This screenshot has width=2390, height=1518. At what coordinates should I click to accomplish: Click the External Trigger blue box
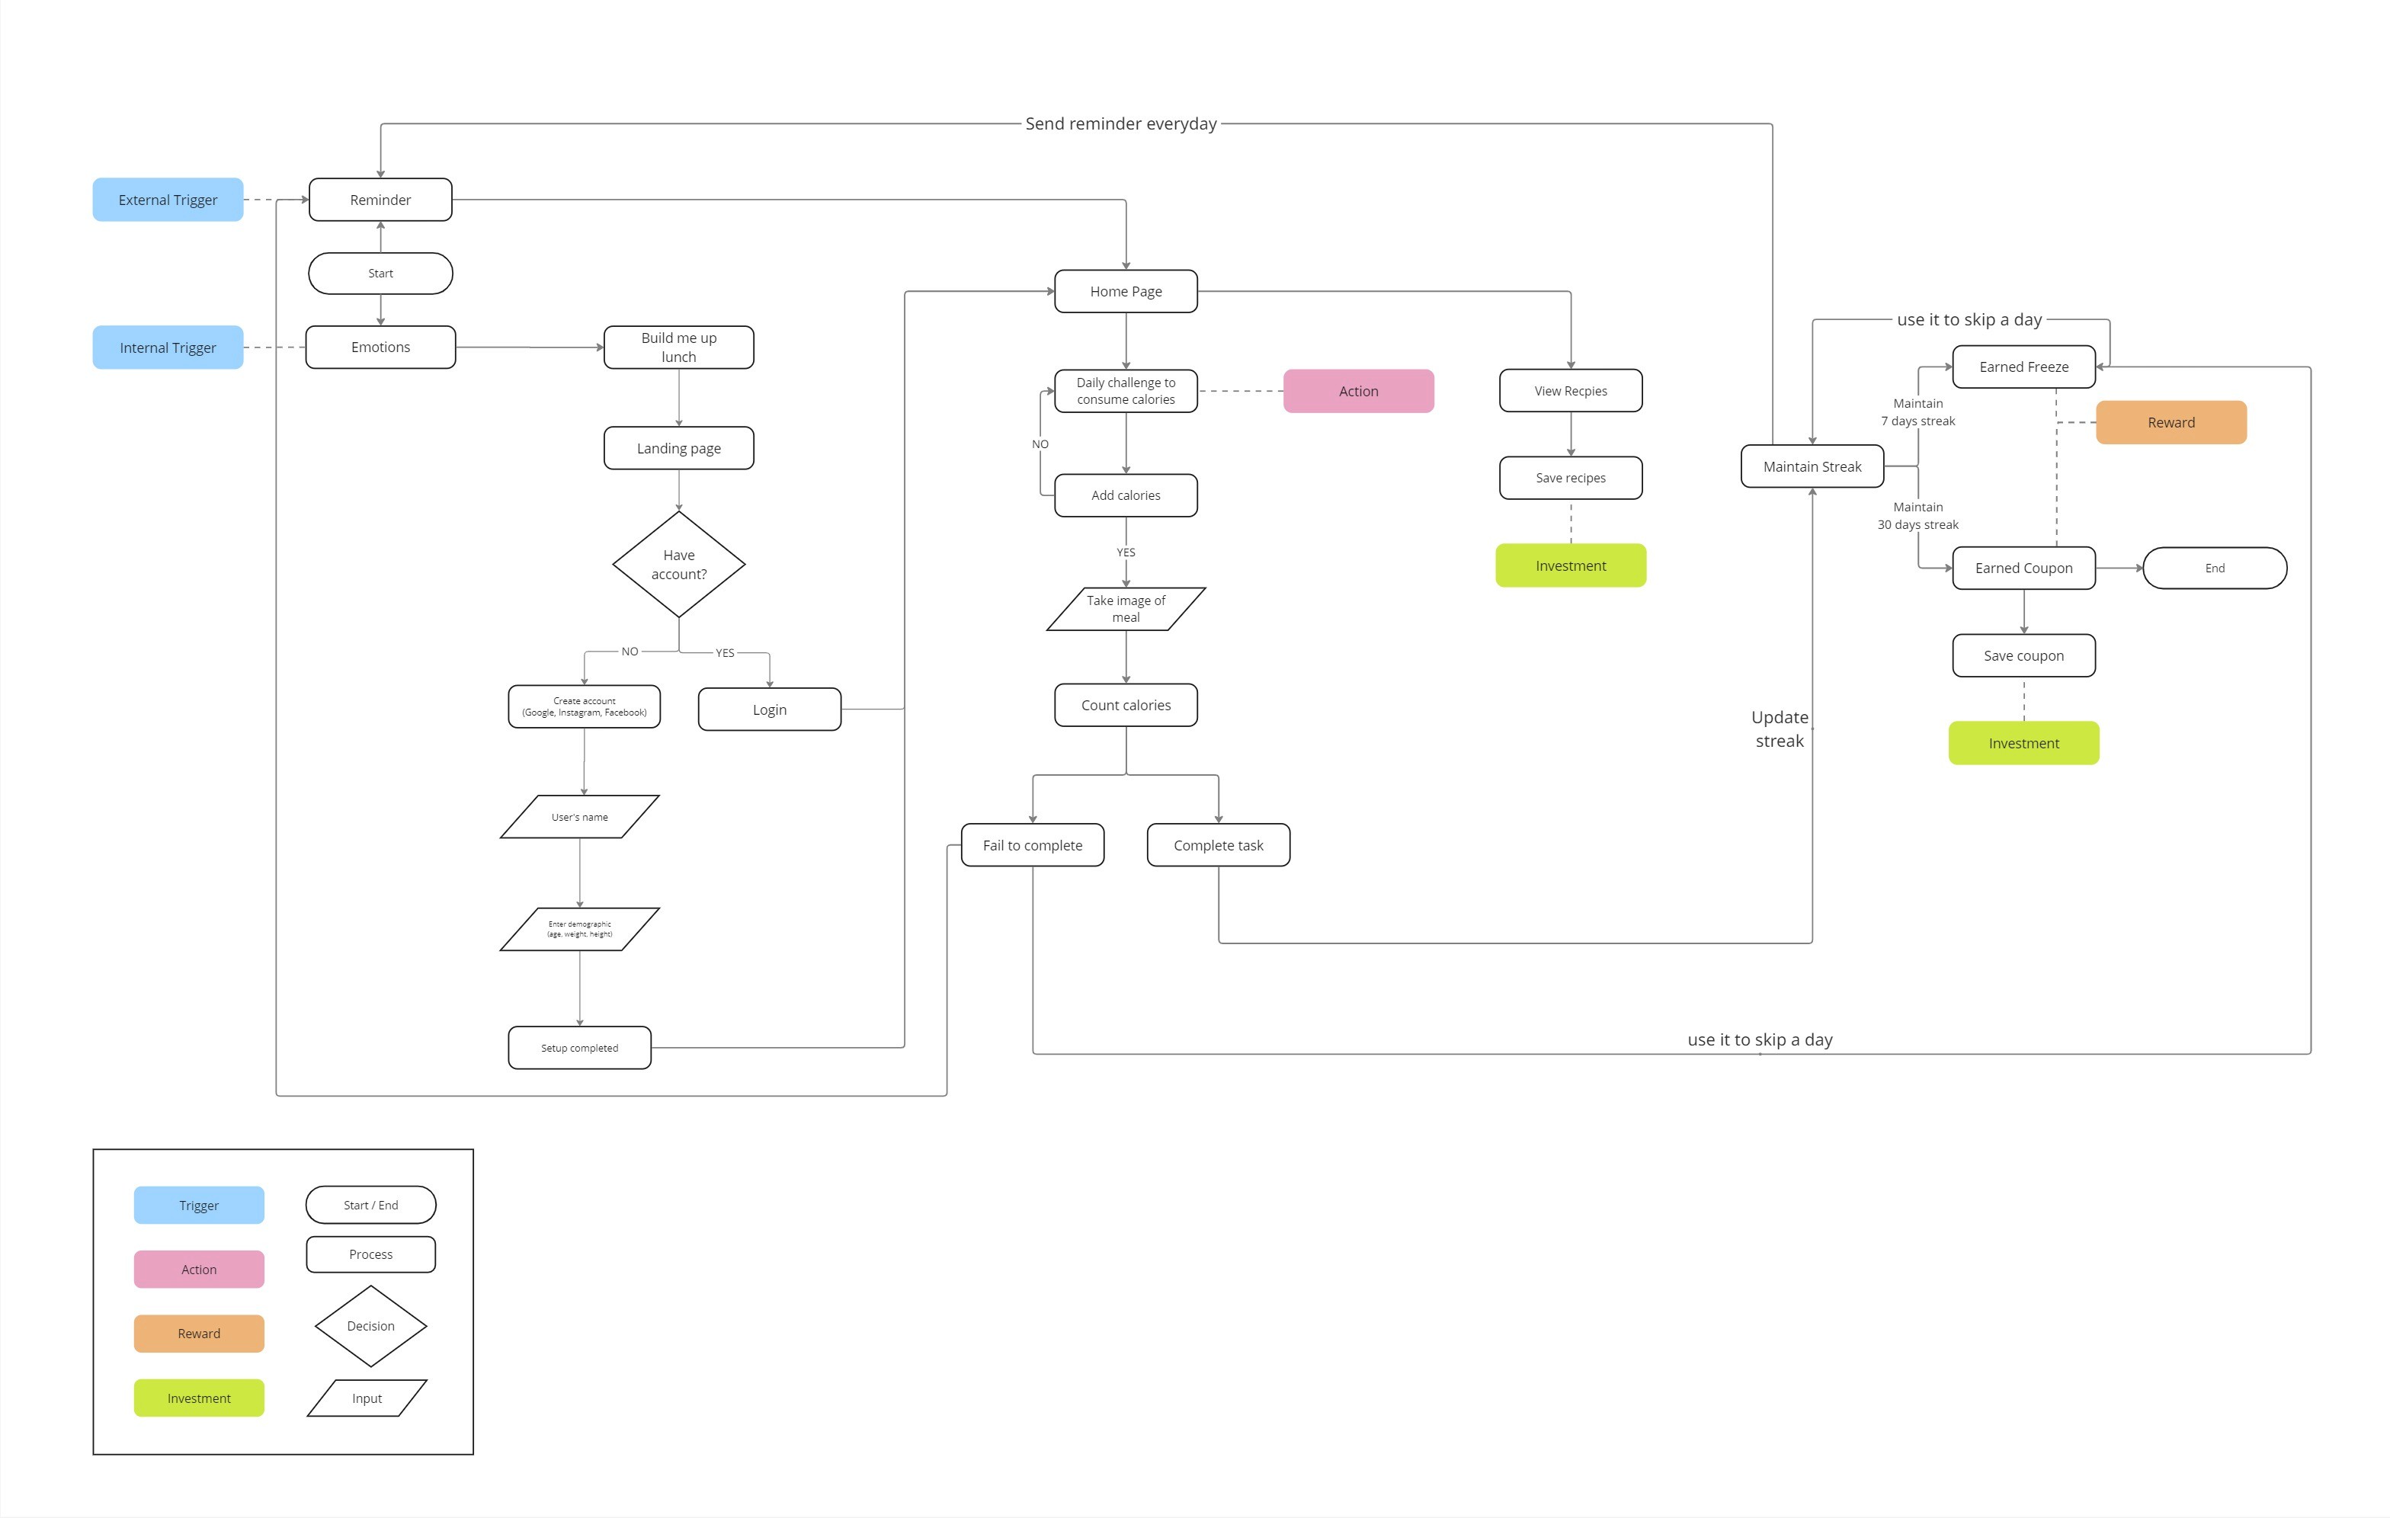point(168,200)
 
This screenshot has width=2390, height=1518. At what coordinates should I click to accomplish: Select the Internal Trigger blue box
point(168,347)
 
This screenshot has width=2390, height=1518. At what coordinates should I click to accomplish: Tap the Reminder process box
point(380,200)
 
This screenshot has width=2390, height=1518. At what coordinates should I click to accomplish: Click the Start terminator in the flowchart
point(380,273)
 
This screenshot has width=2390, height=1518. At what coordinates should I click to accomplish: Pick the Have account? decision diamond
point(679,565)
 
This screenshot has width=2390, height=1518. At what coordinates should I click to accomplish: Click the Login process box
point(769,709)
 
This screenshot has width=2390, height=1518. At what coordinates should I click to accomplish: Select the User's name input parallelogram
point(580,817)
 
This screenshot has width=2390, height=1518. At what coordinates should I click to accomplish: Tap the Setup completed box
point(580,1048)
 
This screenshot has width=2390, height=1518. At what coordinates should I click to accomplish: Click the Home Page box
point(1126,290)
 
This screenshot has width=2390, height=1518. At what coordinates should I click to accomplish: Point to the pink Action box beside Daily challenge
point(1358,391)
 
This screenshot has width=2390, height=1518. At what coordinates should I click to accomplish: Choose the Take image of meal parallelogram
point(1126,608)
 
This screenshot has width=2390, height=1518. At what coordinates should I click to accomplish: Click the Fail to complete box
point(1032,845)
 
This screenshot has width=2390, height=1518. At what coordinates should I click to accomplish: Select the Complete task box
point(1218,845)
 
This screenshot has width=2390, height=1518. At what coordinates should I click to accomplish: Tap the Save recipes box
point(1570,477)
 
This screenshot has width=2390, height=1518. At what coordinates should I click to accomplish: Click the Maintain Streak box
point(1812,466)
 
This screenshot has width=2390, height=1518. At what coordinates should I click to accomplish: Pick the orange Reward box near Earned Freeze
point(2171,421)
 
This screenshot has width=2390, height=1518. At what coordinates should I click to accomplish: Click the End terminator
point(2214,568)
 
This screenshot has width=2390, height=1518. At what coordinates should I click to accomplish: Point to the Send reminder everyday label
point(1120,123)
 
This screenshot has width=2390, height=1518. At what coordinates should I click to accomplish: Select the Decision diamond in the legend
point(370,1325)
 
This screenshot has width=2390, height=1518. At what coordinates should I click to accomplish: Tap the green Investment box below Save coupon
point(2023,743)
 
